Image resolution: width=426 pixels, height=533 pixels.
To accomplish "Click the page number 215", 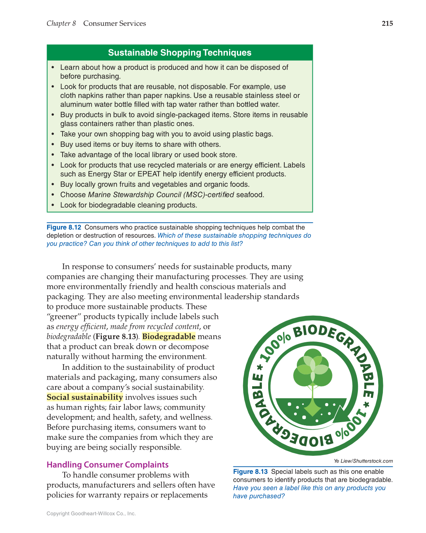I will pyautogui.click(x=387, y=23).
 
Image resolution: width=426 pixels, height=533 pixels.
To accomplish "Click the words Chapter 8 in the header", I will pyautogui.click(x=61, y=23).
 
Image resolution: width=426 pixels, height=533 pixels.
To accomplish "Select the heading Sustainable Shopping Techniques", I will pyautogui.click(x=179, y=52).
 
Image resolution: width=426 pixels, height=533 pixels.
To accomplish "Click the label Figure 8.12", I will pyautogui.click(x=64, y=227).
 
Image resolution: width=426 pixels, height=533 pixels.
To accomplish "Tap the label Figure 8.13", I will pyautogui.click(x=250, y=472).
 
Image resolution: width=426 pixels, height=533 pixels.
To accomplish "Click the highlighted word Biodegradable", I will pyautogui.click(x=168, y=336).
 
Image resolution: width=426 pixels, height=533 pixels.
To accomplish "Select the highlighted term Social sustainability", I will pyautogui.click(x=85, y=397).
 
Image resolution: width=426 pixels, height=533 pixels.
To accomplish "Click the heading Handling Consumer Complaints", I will pyautogui.click(x=107, y=464).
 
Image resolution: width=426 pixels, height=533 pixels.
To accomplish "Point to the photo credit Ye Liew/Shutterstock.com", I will pyautogui.click(x=363, y=461).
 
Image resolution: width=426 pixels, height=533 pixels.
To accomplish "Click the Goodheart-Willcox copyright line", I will pyautogui.click(x=91, y=513).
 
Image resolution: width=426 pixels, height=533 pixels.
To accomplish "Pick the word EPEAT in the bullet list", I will pyautogui.click(x=149, y=174).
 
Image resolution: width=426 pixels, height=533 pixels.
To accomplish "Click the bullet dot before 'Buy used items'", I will pyautogui.click(x=53, y=145).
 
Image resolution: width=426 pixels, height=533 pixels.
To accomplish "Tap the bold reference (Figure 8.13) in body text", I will pyautogui.click(x=116, y=336).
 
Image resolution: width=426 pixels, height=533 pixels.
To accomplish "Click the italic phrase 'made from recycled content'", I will pyautogui.click(x=155, y=327).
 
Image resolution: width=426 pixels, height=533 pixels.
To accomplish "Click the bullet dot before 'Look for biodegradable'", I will pyautogui.click(x=53, y=205).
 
